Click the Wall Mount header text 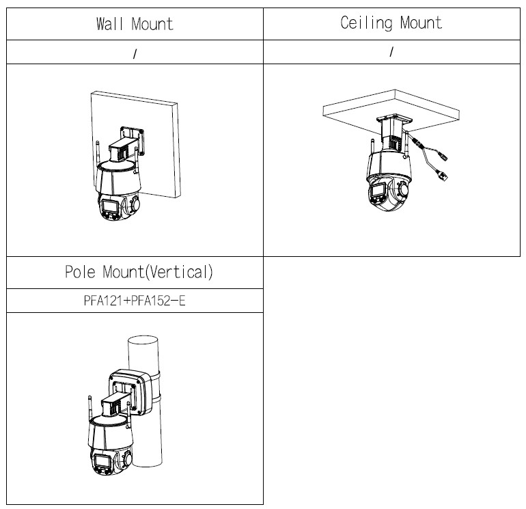tap(135, 24)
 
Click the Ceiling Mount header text tap(391, 23)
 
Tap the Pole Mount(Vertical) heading tap(139, 272)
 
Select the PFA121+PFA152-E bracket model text tap(135, 301)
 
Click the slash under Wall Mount tap(135, 54)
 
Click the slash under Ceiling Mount tap(391, 52)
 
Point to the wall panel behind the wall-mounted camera tap(135, 144)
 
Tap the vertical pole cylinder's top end tap(143, 340)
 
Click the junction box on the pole tap(131, 392)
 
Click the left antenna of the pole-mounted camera tap(89, 409)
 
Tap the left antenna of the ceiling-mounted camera tap(372, 147)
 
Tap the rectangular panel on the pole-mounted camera tap(102, 460)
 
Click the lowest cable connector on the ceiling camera tap(443, 176)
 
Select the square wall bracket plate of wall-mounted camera tap(133, 140)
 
